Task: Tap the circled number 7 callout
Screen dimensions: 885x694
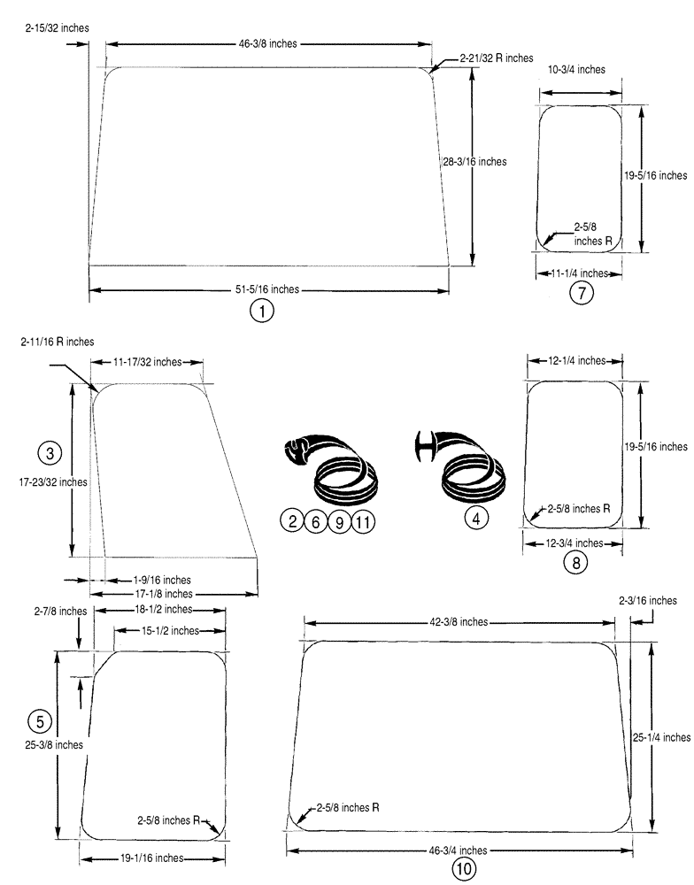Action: click(580, 294)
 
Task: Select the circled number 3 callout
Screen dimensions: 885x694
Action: click(50, 453)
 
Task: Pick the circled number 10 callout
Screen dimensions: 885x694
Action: click(464, 869)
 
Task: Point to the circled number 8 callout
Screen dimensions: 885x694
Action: click(574, 562)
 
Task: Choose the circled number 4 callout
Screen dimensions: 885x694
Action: click(476, 519)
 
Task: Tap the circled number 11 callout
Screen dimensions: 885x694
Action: click(362, 522)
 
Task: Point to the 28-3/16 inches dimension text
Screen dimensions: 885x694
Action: click(474, 161)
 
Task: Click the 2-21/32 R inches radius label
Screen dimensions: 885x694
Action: click(496, 58)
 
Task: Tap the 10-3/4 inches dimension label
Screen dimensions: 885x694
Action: click(577, 69)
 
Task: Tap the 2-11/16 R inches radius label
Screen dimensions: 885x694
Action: click(58, 342)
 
